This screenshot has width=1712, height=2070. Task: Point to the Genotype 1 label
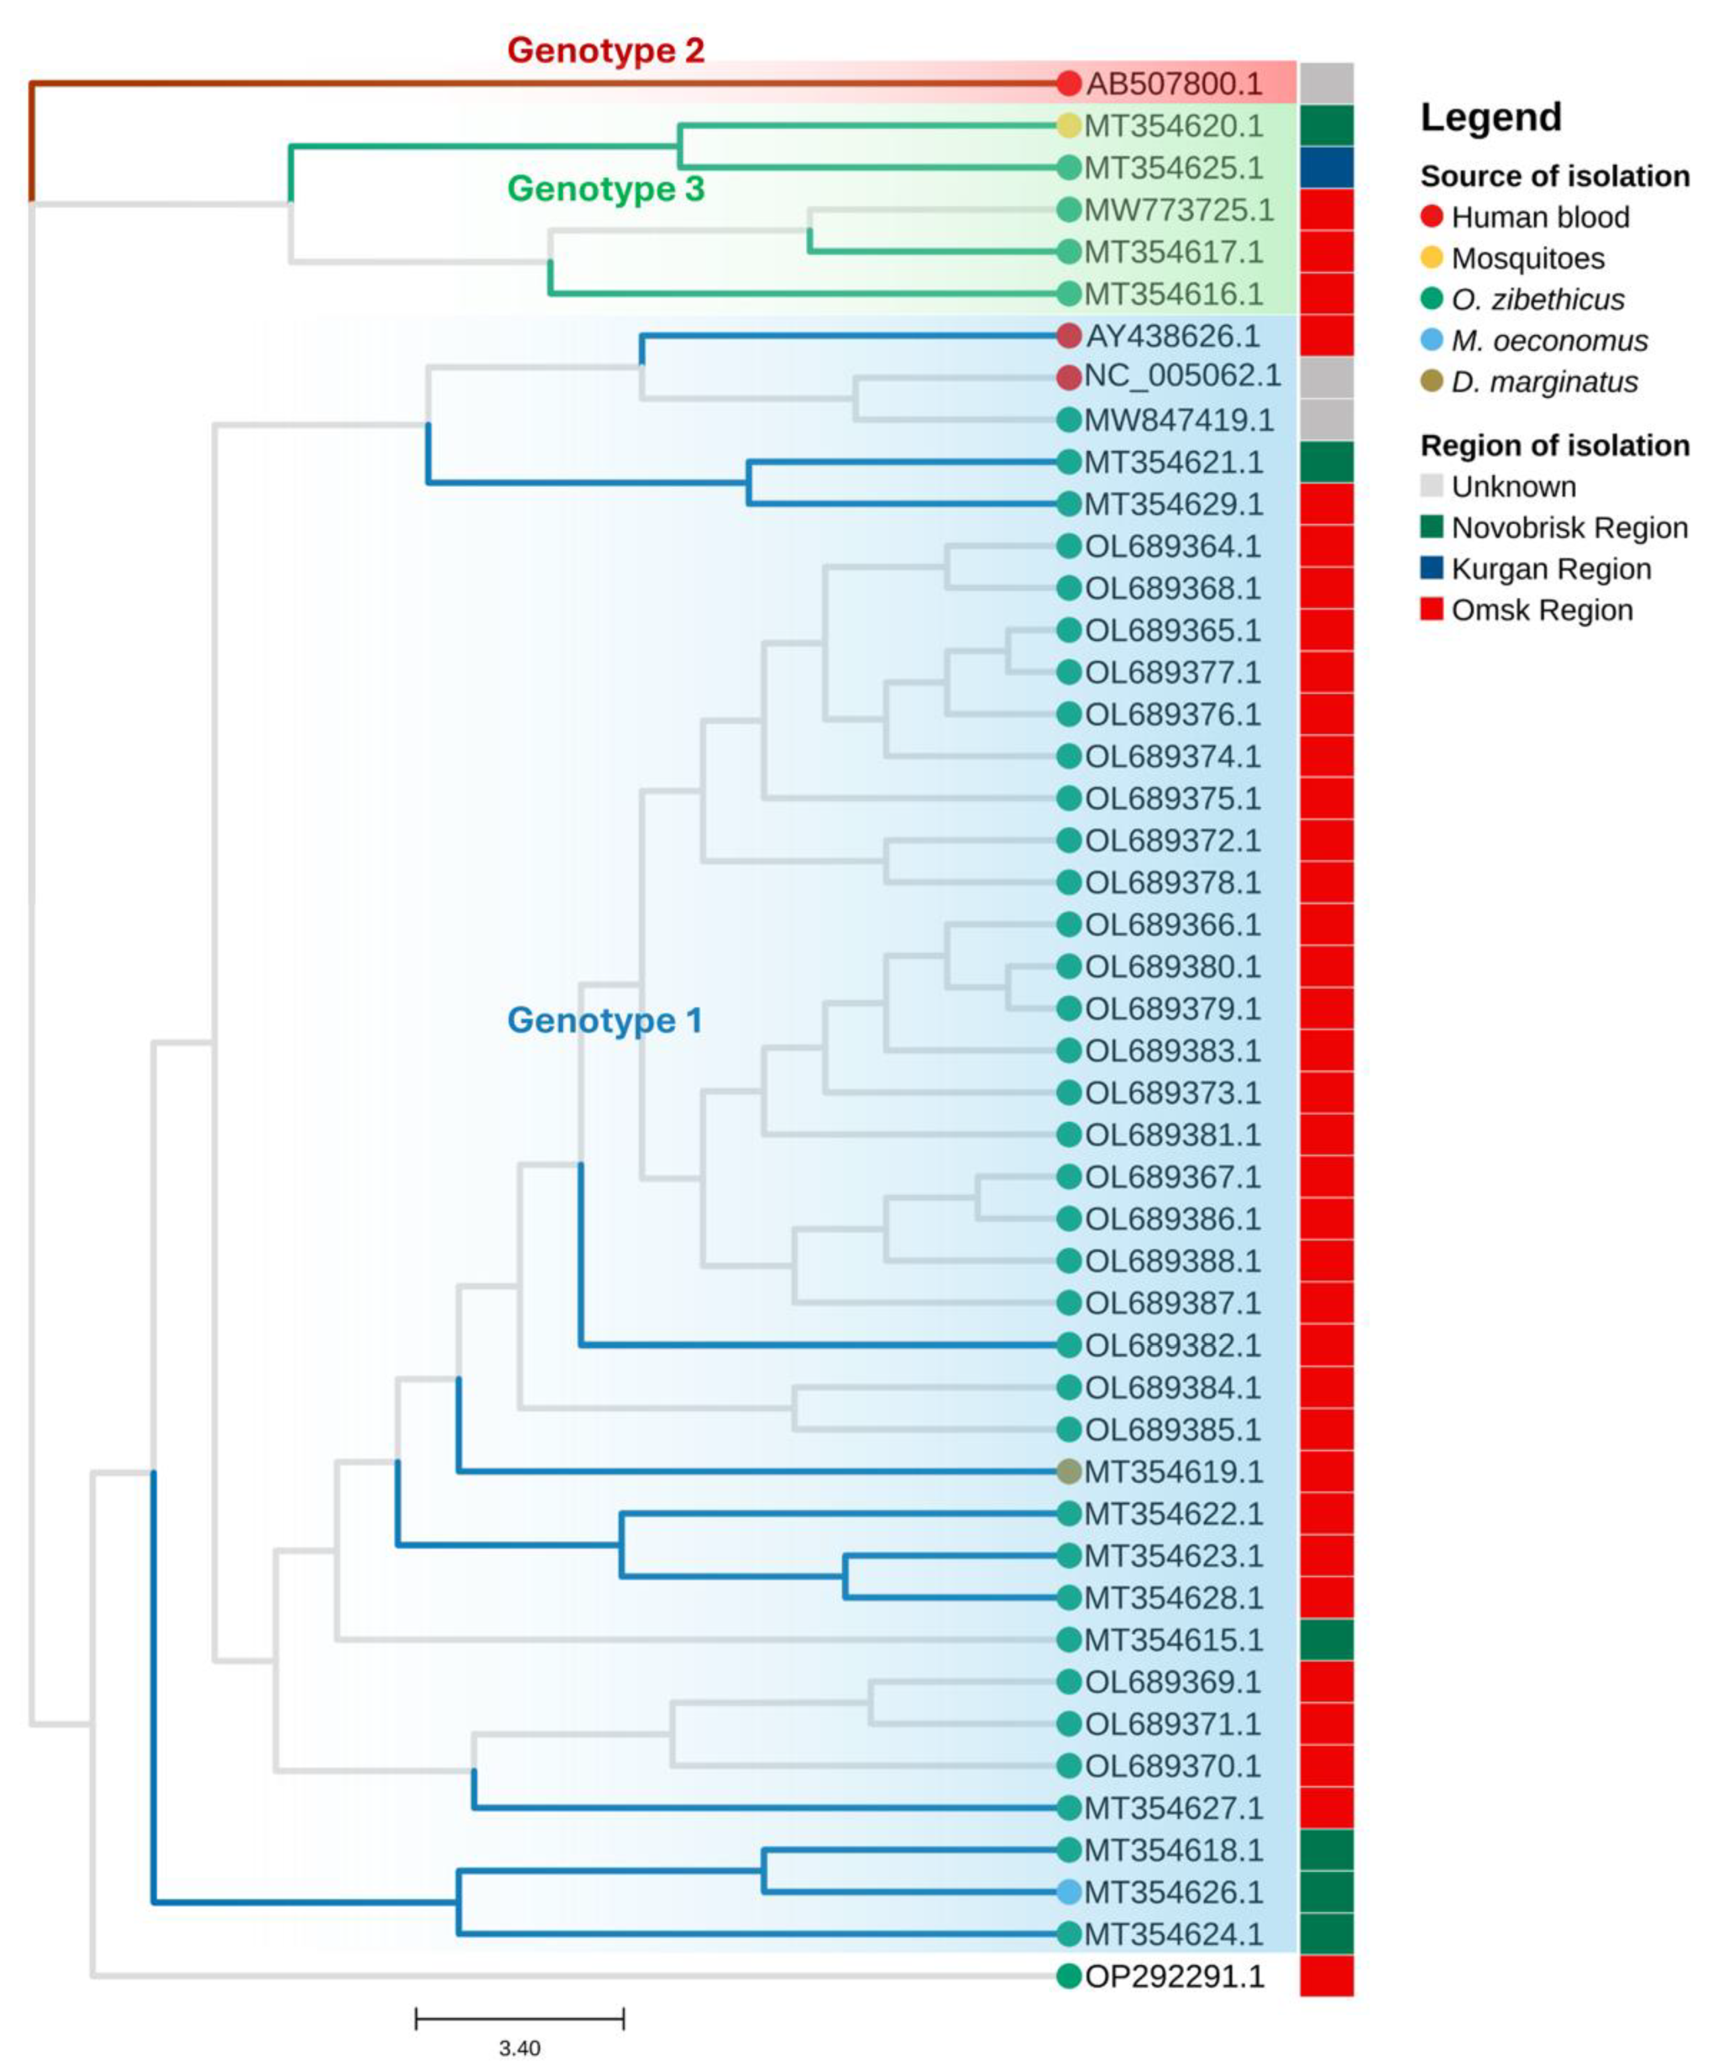pos(604,1020)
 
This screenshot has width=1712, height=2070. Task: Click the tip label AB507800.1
pos(1173,84)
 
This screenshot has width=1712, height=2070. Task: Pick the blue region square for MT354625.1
pos(1326,168)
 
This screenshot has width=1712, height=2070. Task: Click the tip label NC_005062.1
pos(1182,376)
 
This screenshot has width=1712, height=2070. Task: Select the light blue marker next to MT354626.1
pos(1068,1892)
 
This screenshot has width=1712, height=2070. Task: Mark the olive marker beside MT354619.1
pos(1068,1472)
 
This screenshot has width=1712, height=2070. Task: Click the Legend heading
pos(1490,117)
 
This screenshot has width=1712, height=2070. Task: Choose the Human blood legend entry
pos(1540,217)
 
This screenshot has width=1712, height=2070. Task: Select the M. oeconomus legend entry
pos(1548,341)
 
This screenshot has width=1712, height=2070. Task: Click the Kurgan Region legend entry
pos(1551,569)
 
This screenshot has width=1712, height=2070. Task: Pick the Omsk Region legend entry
pos(1541,610)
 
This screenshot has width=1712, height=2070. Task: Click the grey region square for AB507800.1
pos(1326,84)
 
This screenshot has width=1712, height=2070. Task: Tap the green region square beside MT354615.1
pos(1326,1640)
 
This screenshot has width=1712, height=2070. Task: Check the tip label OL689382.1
pos(1172,1345)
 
